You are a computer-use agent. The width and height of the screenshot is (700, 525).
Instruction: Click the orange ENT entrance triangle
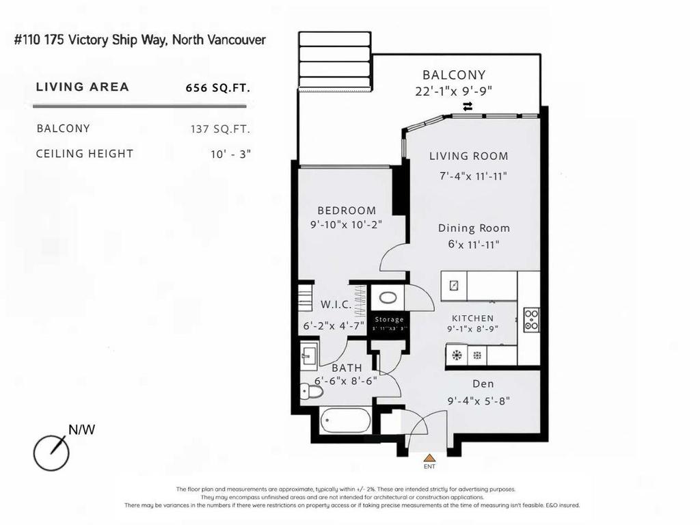tap(429, 458)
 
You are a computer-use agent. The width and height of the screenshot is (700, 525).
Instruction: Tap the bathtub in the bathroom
tap(345, 420)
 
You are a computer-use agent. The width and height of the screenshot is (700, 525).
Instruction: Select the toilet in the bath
tap(311, 392)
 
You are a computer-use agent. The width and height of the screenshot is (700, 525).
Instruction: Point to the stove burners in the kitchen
tap(531, 320)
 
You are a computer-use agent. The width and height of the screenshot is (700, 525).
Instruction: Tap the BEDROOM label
tap(347, 211)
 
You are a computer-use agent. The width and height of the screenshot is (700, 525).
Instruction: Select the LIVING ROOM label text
tap(469, 156)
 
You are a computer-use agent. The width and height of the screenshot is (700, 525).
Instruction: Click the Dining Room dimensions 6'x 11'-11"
tap(474, 244)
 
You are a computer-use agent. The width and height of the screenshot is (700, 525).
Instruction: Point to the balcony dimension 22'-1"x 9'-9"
tap(454, 91)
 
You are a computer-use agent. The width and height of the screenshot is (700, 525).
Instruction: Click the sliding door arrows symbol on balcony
tap(468, 106)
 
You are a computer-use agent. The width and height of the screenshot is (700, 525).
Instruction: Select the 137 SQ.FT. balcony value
tap(221, 129)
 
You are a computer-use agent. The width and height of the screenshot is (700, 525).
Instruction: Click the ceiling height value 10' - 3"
tap(231, 154)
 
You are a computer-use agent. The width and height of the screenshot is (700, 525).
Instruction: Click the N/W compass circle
tap(52, 453)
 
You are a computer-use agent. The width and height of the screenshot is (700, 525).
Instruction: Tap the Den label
tap(483, 384)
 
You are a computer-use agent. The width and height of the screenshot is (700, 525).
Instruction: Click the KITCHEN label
tap(472, 318)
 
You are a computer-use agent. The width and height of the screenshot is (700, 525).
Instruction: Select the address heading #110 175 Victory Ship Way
tap(140, 40)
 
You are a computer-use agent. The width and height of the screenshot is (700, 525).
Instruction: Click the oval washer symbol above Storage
tap(388, 298)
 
